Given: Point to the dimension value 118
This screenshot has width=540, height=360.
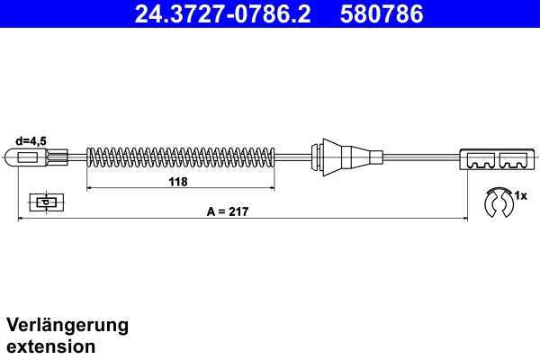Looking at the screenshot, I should click(x=178, y=181).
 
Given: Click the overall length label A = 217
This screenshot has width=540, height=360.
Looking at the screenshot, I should click(x=227, y=211).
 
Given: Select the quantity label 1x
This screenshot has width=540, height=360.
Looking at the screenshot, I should click(x=520, y=194).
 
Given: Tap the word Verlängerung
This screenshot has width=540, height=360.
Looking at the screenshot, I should click(x=67, y=325).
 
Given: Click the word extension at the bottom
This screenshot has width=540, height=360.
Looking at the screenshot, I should click(x=50, y=346).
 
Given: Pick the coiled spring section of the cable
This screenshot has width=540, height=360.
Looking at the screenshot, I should click(x=180, y=157).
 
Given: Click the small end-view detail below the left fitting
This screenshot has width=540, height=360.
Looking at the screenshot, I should click(x=43, y=202).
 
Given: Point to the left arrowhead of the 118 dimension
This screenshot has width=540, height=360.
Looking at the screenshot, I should click(x=89, y=189).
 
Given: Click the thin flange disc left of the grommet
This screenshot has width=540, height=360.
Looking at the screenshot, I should click(x=314, y=157).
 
